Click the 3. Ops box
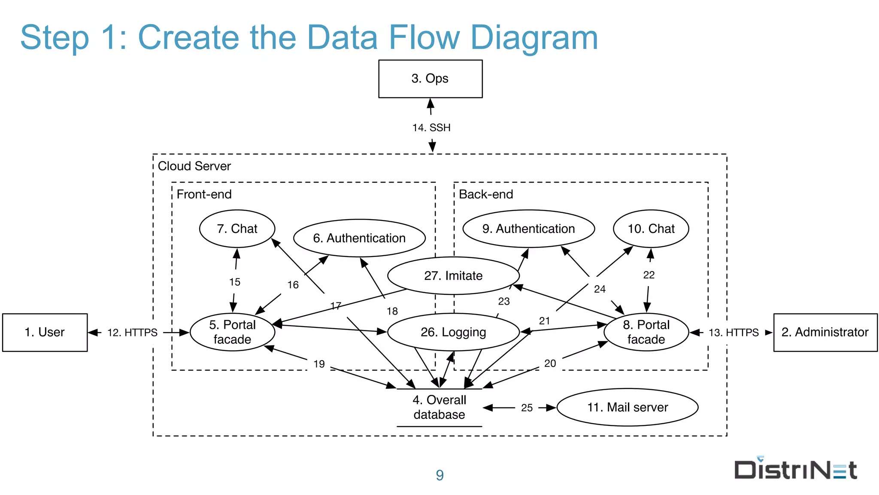[430, 79]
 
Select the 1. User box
[45, 332]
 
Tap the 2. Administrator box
[825, 332]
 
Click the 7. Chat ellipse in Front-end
[237, 229]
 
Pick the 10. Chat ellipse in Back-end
[651, 229]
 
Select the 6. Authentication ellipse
[359, 238]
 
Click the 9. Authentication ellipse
[528, 229]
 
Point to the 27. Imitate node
[453, 275]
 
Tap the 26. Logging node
[453, 332]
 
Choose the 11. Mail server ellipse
[627, 407]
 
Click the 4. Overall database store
[439, 407]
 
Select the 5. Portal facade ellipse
[232, 332]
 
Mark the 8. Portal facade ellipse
[646, 332]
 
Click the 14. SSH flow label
[431, 128]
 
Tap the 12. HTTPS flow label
[132, 333]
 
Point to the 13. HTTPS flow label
[734, 333]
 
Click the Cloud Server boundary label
[194, 166]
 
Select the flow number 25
[527, 408]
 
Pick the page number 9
[439, 475]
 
